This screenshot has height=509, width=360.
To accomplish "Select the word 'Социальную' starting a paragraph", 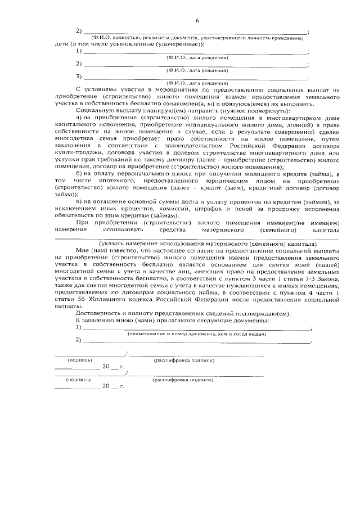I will pos(93,111).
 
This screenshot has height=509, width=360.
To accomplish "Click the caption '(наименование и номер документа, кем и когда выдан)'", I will pos(197,334).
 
